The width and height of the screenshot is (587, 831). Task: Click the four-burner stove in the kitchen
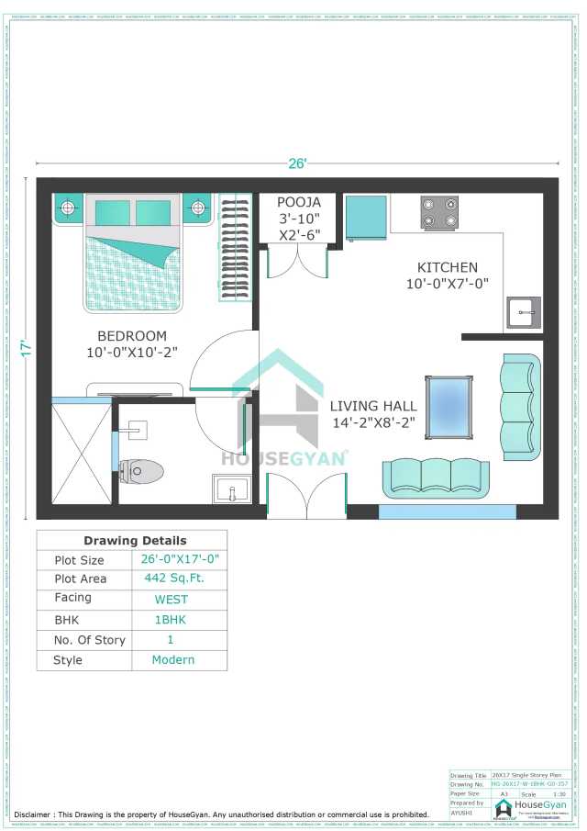click(439, 213)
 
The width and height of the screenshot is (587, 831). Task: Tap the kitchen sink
click(523, 312)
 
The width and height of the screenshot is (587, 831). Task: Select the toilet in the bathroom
click(141, 471)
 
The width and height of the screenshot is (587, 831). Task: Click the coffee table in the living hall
click(450, 403)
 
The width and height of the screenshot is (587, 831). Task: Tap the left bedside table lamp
click(68, 208)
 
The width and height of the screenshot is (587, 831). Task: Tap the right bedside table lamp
click(197, 208)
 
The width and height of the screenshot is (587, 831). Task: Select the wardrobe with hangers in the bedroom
click(235, 247)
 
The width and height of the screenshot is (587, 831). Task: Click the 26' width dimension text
click(297, 163)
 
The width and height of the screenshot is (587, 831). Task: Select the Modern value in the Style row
click(173, 659)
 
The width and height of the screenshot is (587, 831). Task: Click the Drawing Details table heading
click(135, 540)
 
